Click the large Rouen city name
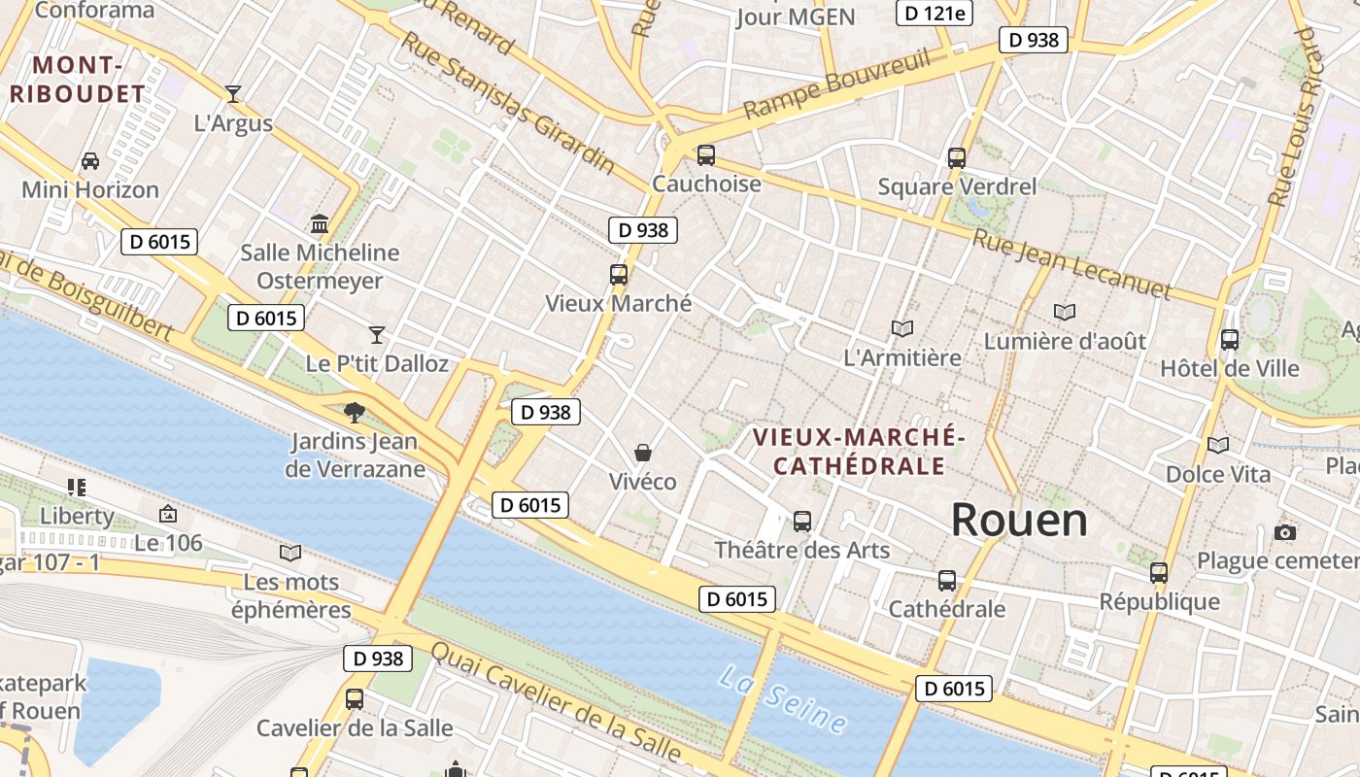[1019, 521]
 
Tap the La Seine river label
[782, 698]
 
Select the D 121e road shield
[934, 13]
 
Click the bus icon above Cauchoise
[706, 154]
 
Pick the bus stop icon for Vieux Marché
[619, 274]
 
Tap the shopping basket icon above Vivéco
[642, 453]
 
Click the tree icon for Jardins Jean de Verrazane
[355, 412]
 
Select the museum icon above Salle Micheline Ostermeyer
[320, 224]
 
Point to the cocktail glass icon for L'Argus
[233, 94]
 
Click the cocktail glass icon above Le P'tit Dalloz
[377, 335]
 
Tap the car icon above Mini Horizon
[90, 160]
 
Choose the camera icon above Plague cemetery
[1285, 532]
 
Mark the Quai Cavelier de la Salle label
[556, 701]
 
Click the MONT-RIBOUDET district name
[77, 80]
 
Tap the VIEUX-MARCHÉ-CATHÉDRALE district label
[859, 452]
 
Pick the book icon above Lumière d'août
[1065, 312]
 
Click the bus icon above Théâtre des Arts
[802, 521]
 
